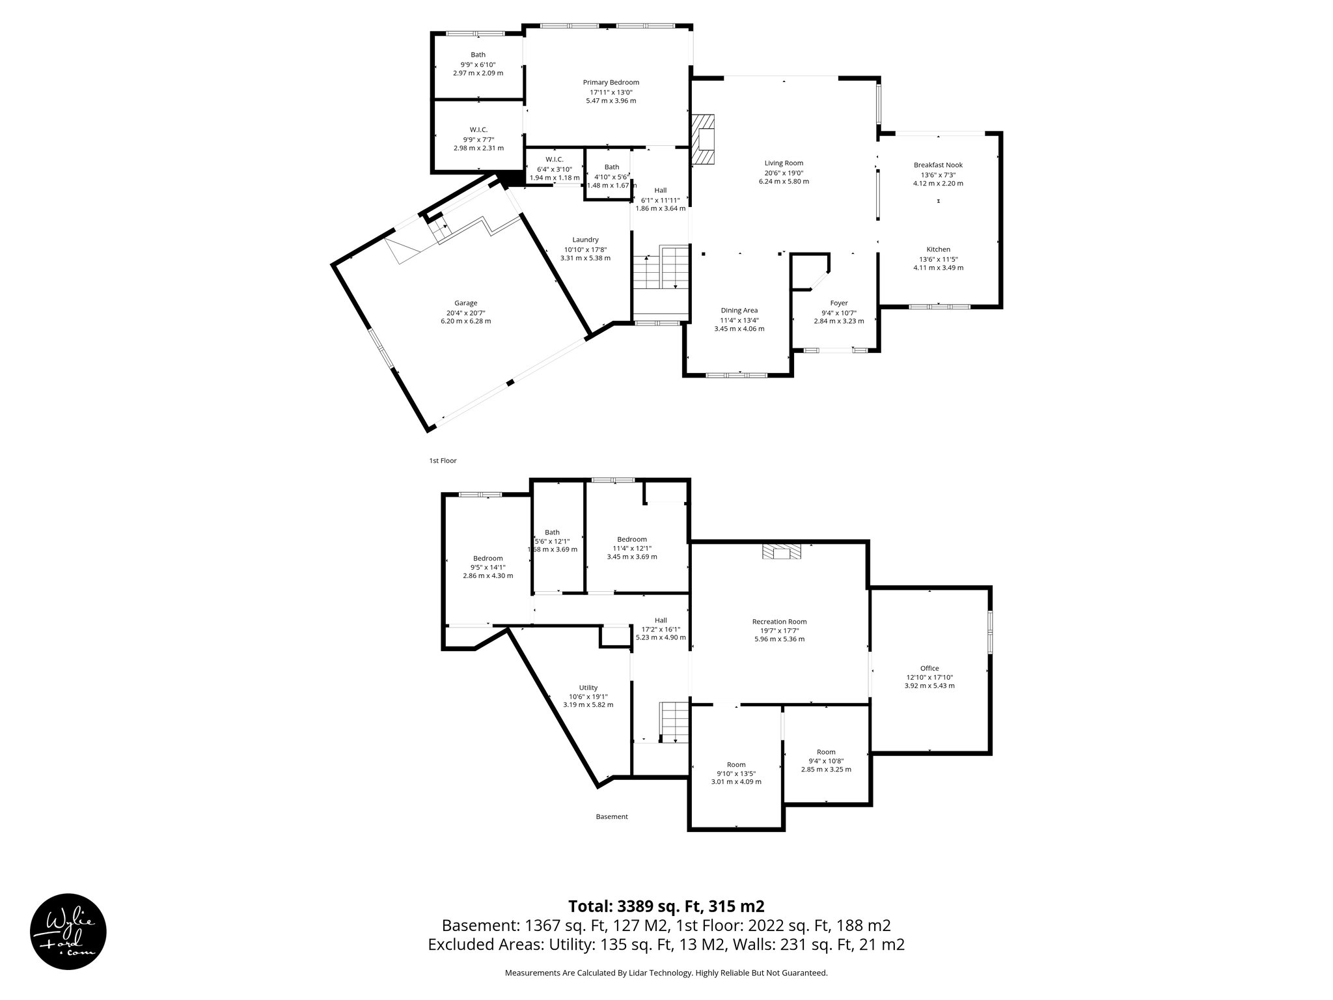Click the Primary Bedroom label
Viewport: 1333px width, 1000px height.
tap(611, 83)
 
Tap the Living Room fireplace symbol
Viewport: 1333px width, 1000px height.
tap(703, 140)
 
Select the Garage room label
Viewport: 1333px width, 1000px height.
tap(465, 303)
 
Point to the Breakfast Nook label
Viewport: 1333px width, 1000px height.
tap(938, 165)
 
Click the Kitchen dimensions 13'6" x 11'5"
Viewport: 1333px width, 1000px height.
tap(938, 258)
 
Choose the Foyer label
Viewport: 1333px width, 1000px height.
tap(839, 303)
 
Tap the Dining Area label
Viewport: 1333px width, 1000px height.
tap(739, 311)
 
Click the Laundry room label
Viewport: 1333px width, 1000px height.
tap(585, 240)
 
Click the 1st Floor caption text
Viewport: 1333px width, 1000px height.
tap(443, 460)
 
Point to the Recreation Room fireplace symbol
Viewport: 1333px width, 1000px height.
tap(782, 552)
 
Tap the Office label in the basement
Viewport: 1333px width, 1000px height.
tap(929, 668)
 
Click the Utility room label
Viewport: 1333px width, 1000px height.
tap(588, 687)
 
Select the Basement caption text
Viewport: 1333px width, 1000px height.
tap(612, 816)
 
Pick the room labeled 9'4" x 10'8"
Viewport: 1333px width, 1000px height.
tap(826, 760)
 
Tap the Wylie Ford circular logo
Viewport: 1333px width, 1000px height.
tap(68, 930)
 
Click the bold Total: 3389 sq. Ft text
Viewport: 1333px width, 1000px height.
tap(666, 906)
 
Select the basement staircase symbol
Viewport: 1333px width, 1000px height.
tap(674, 722)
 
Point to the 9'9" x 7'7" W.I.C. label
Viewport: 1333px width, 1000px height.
tap(478, 130)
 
